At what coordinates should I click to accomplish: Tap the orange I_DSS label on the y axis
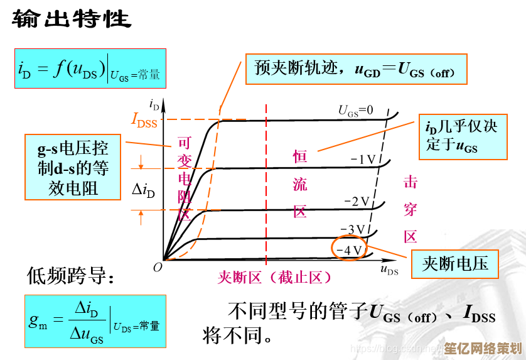pyautogui.click(x=144, y=119)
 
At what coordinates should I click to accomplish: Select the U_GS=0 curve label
pyautogui.click(x=356, y=111)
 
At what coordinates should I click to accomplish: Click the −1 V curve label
pyautogui.click(x=363, y=160)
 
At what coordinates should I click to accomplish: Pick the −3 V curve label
pyautogui.click(x=352, y=229)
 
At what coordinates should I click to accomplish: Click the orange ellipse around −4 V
pyautogui.click(x=349, y=249)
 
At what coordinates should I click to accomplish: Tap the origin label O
pyautogui.click(x=158, y=266)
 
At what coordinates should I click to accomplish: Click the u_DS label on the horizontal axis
pyautogui.click(x=389, y=270)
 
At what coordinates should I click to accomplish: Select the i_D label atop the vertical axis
pyautogui.click(x=154, y=104)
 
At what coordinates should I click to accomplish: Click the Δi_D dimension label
pyautogui.click(x=144, y=190)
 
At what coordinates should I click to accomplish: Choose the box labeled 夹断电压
pyautogui.click(x=455, y=263)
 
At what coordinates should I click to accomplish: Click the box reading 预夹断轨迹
pyautogui.click(x=360, y=68)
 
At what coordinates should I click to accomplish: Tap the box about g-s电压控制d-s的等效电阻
pyautogui.click(x=73, y=168)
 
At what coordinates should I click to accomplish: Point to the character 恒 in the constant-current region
pyautogui.click(x=300, y=156)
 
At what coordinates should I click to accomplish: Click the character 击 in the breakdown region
pyautogui.click(x=411, y=182)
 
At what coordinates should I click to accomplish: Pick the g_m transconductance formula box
pyautogui.click(x=95, y=320)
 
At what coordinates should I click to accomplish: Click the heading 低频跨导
pyautogui.click(x=70, y=275)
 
